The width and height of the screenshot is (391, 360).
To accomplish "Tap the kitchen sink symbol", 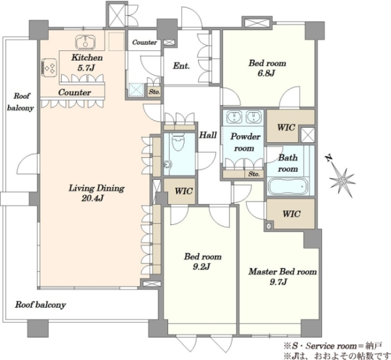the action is pyautogui.click(x=85, y=42).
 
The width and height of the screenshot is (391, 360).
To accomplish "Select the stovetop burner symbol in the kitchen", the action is pyautogui.click(x=49, y=67).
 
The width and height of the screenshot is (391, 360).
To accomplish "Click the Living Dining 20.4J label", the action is pyautogui.click(x=96, y=193).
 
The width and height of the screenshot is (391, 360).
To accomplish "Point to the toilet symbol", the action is pyautogui.click(x=178, y=142).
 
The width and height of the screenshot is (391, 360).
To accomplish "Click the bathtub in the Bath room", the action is pyautogui.click(x=288, y=187).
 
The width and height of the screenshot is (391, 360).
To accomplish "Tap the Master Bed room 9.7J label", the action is pyautogui.click(x=282, y=277).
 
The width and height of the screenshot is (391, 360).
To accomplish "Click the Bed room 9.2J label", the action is pyautogui.click(x=203, y=262).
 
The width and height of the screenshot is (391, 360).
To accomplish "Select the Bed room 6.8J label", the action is pyautogui.click(x=267, y=68).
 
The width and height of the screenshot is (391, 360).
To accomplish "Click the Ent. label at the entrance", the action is pyautogui.click(x=181, y=66).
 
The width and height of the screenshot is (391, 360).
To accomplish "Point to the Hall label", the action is pyautogui.click(x=208, y=135).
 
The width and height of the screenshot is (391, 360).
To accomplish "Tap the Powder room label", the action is pyautogui.click(x=245, y=142).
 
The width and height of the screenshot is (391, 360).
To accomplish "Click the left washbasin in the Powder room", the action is pyautogui.click(x=234, y=117).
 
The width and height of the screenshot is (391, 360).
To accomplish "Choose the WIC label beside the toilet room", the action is pyautogui.click(x=184, y=191).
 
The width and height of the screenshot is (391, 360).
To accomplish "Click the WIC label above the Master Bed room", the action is pyautogui.click(x=291, y=214).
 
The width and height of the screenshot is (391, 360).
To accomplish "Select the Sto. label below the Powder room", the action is pyautogui.click(x=254, y=174).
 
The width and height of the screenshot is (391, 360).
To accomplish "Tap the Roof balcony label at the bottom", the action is pyautogui.click(x=40, y=305).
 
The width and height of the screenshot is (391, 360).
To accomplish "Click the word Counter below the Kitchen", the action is pyautogui.click(x=74, y=93).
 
